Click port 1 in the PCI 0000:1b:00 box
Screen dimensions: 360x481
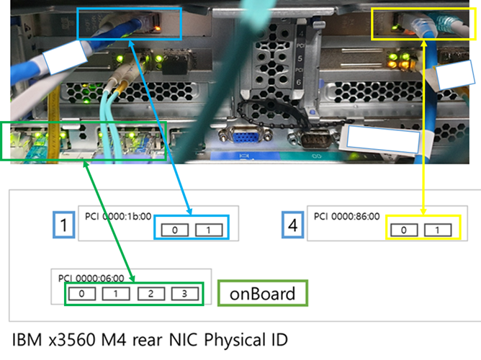click(x=208, y=229)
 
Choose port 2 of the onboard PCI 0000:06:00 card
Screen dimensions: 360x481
click(x=150, y=294)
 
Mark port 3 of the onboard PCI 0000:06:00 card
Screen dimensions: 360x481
click(x=185, y=294)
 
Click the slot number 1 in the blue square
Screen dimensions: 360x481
click(x=65, y=225)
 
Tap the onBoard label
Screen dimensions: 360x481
click(x=262, y=294)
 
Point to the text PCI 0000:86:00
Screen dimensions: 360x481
click(x=346, y=215)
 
